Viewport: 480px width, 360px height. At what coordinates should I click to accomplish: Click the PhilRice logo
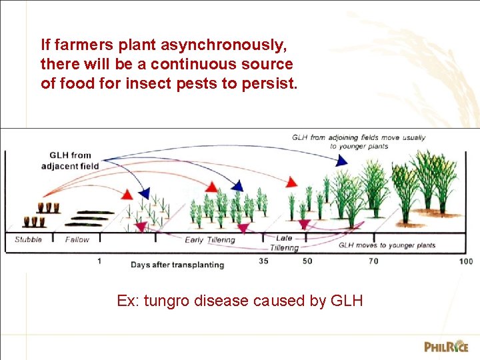pyautogui.click(x=446, y=346)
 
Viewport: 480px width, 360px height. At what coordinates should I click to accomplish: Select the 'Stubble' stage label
pyautogui.click(x=28, y=239)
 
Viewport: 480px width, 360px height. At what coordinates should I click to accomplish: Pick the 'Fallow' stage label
pyautogui.click(x=77, y=239)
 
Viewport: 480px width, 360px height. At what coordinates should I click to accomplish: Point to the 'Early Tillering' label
pyautogui.click(x=210, y=240)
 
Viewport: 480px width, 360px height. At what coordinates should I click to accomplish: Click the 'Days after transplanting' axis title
pyautogui.click(x=177, y=265)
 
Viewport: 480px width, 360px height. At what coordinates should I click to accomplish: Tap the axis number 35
pyautogui.click(x=264, y=261)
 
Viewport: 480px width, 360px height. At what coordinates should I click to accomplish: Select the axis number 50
pyautogui.click(x=307, y=261)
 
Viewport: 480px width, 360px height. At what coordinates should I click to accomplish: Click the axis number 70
pyautogui.click(x=373, y=261)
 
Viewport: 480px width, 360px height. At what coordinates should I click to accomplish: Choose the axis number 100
pyautogui.click(x=466, y=261)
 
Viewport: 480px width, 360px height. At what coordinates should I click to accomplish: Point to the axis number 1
pyautogui.click(x=99, y=261)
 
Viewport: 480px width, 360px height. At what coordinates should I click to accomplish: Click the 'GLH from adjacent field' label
pyautogui.click(x=70, y=161)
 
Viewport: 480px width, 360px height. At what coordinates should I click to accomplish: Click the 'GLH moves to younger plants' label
pyautogui.click(x=387, y=245)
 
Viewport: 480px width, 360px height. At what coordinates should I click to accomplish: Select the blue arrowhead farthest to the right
pyautogui.click(x=341, y=161)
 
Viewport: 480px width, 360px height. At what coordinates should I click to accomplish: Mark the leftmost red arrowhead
pyautogui.click(x=127, y=194)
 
